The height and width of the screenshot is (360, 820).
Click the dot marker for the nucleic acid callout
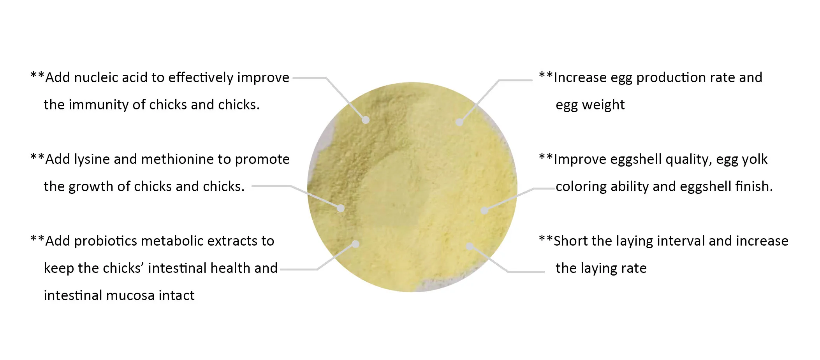click(365, 120)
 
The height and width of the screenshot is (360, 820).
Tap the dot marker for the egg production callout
click(459, 122)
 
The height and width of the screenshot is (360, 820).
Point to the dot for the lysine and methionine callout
click(341, 209)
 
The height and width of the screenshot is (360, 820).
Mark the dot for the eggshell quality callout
click(484, 210)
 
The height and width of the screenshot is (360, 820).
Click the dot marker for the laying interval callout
click(470, 246)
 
